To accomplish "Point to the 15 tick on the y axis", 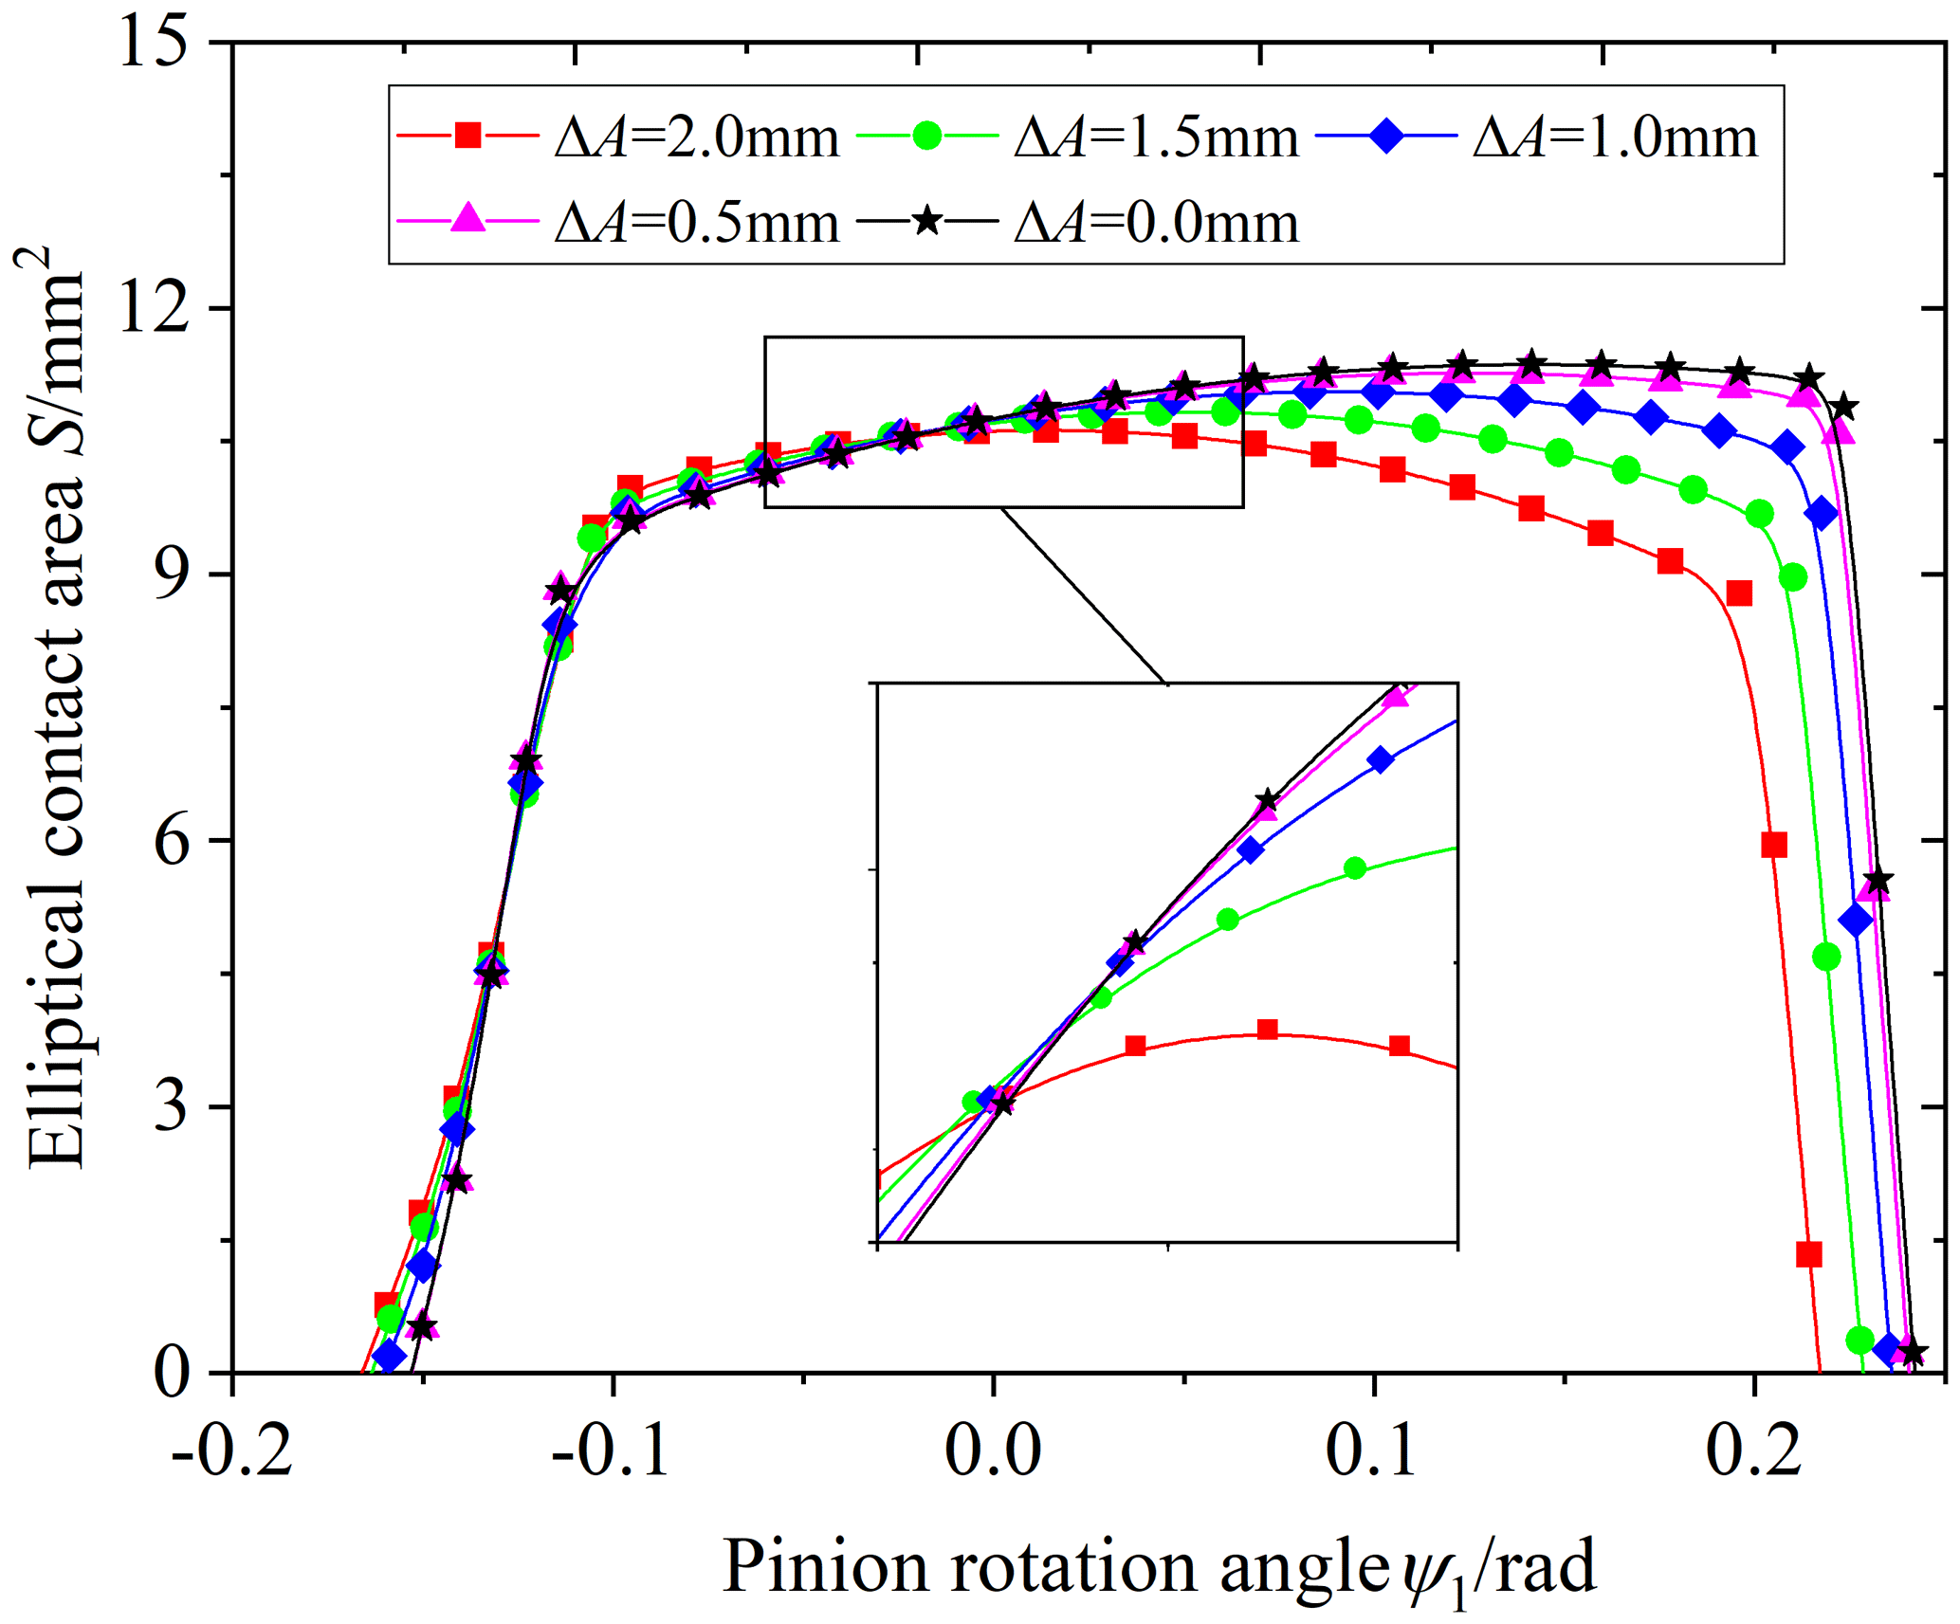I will click(x=152, y=43).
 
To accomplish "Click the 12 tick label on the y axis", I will click(x=152, y=309).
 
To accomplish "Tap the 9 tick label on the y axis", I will click(x=171, y=575).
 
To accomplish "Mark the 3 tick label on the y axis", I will click(x=171, y=1107).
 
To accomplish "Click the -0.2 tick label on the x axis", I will click(x=232, y=1451).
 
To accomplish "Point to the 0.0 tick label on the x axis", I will click(x=993, y=1451).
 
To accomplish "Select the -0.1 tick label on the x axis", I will click(x=612, y=1451).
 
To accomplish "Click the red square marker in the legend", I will click(x=467, y=136).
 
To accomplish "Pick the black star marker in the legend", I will click(x=926, y=222).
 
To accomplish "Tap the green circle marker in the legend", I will click(x=926, y=136).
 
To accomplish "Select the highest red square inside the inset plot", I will click(x=1267, y=1031).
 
